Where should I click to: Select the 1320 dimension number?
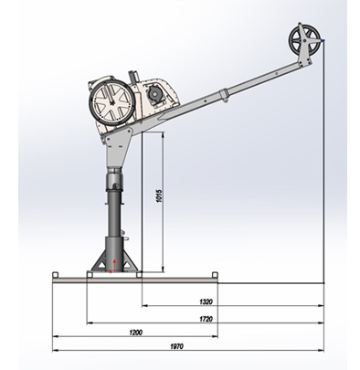coord(206,301)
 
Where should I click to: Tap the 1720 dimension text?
coord(206,319)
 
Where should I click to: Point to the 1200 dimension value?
coord(135,333)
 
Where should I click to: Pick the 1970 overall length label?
coord(176,346)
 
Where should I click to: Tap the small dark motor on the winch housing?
coord(155,93)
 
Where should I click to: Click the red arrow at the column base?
coord(114,265)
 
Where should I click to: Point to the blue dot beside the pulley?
coord(323,40)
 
